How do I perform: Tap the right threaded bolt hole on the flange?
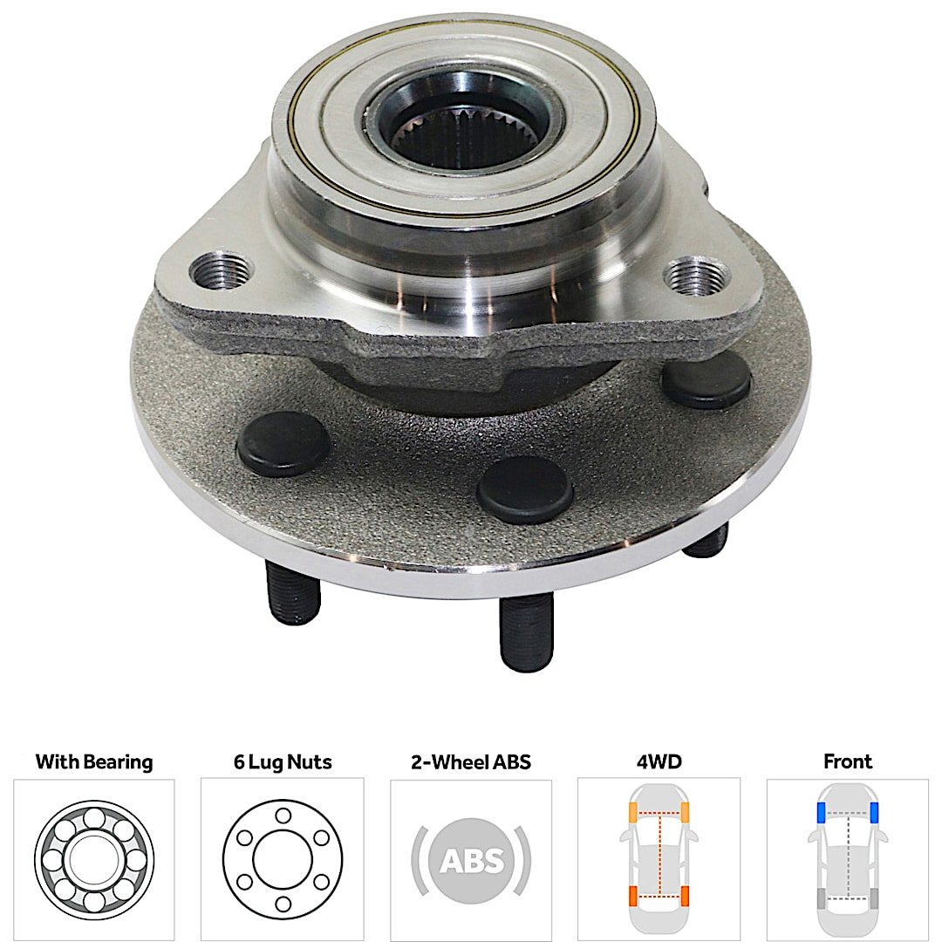697,275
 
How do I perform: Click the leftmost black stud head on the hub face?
283,444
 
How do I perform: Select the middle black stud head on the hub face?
525,489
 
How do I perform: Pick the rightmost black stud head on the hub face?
706,379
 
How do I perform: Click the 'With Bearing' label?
94,761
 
